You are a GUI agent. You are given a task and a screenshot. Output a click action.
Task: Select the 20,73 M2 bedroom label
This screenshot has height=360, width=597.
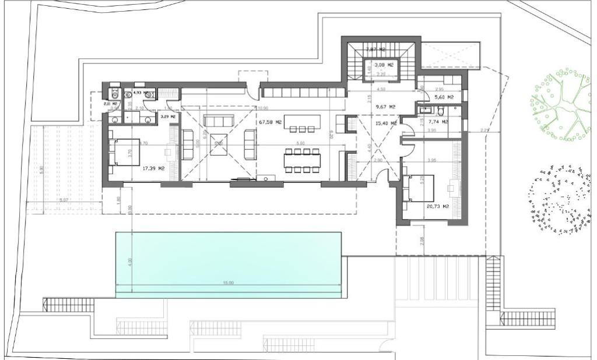tap(437, 206)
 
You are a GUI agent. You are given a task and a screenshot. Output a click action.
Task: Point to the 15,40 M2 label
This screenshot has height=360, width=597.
tap(385, 123)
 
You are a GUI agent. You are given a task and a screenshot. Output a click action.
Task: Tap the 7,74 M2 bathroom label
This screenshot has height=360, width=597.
tap(438, 122)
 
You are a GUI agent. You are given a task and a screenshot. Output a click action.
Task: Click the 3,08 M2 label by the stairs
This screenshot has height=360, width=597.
tap(384, 65)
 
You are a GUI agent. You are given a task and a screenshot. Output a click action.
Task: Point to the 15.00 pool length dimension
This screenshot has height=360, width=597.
tap(227, 283)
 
